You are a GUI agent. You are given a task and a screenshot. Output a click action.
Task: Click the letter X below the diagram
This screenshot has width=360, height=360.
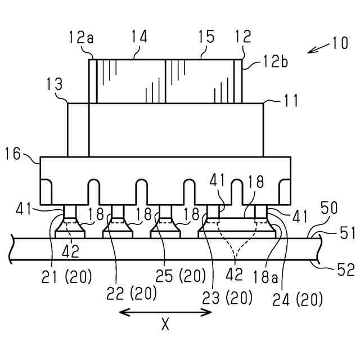[x=165, y=326]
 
